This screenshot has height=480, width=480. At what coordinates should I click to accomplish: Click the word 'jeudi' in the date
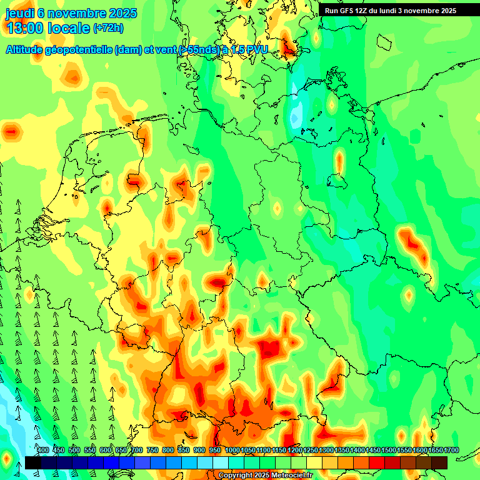(x=19, y=12)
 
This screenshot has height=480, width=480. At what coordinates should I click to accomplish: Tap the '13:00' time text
(x=27, y=29)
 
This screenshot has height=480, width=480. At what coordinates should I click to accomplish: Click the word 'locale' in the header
(x=71, y=29)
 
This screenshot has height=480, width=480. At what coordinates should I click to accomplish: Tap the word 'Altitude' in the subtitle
(x=27, y=50)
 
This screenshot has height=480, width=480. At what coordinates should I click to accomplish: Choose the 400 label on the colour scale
(x=43, y=451)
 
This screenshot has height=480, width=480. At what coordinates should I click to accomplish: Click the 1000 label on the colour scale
(x=232, y=451)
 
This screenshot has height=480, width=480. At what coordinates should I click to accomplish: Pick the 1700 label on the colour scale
(x=451, y=451)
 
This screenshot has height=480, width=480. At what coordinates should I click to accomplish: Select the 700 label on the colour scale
(x=137, y=451)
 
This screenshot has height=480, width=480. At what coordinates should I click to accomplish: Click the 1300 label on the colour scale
(x=326, y=451)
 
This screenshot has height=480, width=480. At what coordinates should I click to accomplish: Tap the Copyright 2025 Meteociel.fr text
(x=264, y=475)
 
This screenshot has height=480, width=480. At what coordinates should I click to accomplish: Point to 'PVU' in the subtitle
(x=256, y=50)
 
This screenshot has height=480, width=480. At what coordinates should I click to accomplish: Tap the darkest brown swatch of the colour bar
(x=439, y=462)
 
